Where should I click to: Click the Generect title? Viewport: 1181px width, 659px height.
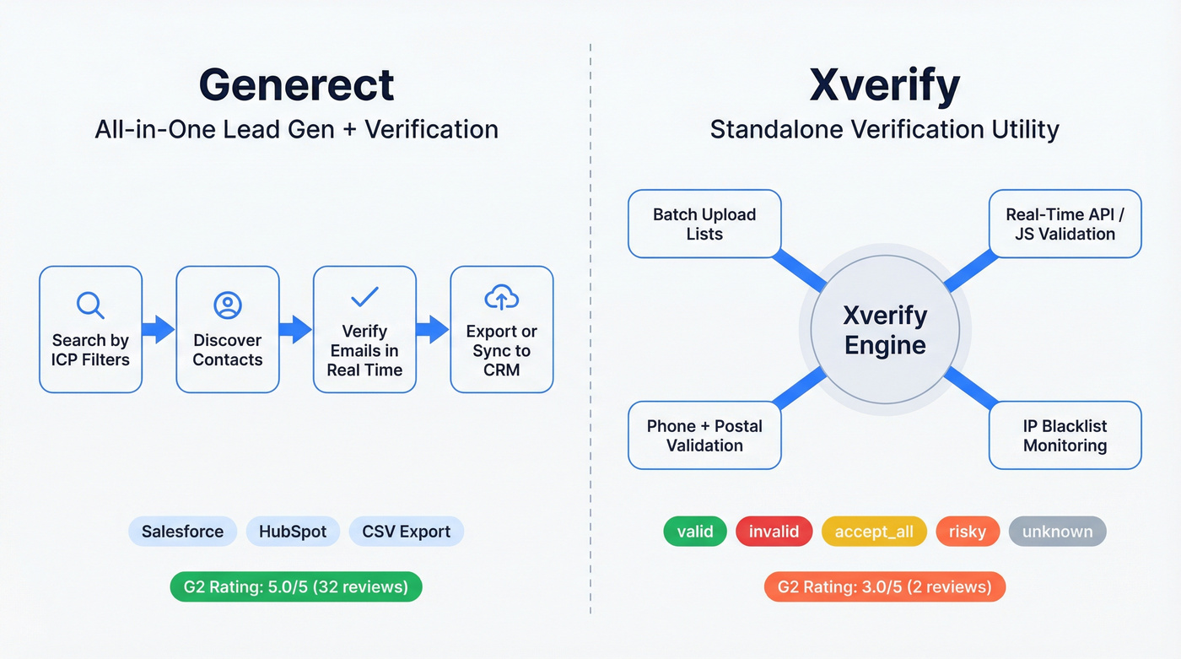(297, 84)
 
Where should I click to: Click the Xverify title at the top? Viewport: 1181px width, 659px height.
(884, 84)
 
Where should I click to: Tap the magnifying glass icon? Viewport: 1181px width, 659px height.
(90, 305)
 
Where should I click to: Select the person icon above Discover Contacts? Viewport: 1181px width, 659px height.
(228, 305)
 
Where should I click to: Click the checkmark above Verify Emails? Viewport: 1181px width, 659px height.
(364, 297)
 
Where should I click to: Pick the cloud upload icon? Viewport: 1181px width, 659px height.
(502, 297)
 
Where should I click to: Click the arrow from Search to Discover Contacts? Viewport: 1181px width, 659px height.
(159, 329)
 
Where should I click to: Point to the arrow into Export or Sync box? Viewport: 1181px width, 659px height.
(433, 329)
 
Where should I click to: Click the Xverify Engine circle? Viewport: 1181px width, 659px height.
(885, 330)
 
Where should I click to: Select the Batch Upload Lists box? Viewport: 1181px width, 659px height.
(704, 224)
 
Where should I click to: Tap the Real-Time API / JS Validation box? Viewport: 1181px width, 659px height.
(1065, 224)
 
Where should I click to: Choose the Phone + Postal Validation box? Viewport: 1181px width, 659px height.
(704, 435)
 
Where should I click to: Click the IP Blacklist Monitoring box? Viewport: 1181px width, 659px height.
(1065, 435)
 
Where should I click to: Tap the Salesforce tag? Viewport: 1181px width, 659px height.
(182, 532)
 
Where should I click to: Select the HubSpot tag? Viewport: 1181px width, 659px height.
(293, 532)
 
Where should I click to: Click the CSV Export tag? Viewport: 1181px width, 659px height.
(406, 532)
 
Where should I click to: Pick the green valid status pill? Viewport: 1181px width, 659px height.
(695, 532)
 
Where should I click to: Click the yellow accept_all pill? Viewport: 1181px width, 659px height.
(873, 532)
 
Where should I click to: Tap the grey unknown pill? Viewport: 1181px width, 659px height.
(1057, 532)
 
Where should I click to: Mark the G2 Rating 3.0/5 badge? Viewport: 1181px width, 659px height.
(884, 586)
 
